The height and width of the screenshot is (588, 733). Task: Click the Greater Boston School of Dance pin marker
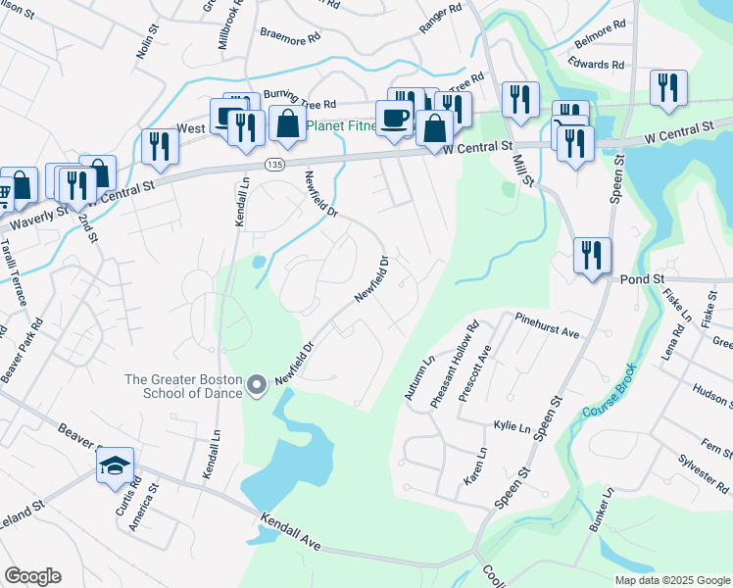(x=257, y=387)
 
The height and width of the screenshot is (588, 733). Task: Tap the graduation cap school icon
(x=115, y=465)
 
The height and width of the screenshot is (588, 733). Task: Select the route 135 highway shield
(x=278, y=165)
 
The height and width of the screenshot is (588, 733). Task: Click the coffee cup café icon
(x=395, y=119)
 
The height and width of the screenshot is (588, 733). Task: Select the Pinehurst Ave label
(x=546, y=324)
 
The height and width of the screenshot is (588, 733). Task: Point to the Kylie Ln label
(x=513, y=426)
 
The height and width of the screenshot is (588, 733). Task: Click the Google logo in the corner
(x=32, y=576)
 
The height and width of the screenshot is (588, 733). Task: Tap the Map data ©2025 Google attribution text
(x=671, y=580)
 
